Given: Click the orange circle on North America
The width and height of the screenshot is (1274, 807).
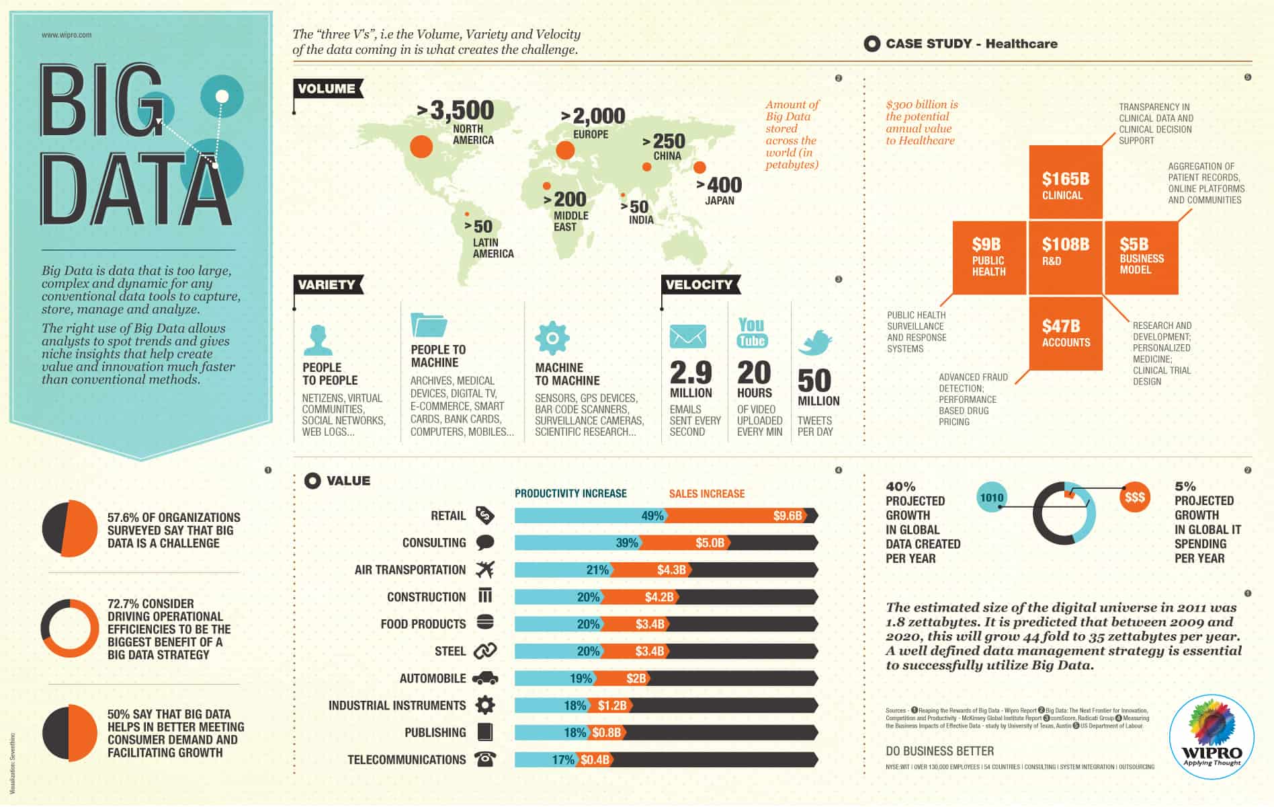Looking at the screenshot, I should [x=421, y=146].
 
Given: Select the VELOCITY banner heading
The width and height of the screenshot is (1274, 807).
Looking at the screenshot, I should [x=699, y=284].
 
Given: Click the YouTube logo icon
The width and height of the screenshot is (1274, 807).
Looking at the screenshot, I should [x=752, y=333].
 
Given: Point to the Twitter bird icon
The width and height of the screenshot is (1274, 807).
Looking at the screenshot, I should [x=815, y=342].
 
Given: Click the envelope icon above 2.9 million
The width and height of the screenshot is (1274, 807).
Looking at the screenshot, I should [x=687, y=336].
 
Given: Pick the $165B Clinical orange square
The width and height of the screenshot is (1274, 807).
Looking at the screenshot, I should [x=1065, y=182].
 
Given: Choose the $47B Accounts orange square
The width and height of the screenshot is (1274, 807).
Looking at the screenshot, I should [x=1065, y=333].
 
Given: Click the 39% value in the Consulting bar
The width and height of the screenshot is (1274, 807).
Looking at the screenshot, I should [x=626, y=543].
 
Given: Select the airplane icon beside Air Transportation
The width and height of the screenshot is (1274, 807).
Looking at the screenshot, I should [x=485, y=570].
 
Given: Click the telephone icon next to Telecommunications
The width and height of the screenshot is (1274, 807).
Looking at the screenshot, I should [x=485, y=759].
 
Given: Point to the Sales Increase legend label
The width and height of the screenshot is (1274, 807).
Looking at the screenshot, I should [x=706, y=494].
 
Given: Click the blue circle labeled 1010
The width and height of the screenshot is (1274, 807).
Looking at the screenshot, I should [x=992, y=498].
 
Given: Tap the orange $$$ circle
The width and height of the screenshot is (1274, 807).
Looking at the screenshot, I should [x=1134, y=498].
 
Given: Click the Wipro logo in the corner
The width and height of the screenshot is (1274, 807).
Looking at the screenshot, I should [x=1212, y=736].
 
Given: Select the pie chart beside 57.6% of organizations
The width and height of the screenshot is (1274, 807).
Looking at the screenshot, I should [x=70, y=529].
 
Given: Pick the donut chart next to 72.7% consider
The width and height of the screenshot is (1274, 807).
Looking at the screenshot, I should [x=70, y=628].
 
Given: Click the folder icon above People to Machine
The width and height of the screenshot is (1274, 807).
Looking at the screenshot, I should [x=428, y=324].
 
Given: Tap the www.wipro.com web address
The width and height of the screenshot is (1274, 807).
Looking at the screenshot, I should [x=67, y=35].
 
